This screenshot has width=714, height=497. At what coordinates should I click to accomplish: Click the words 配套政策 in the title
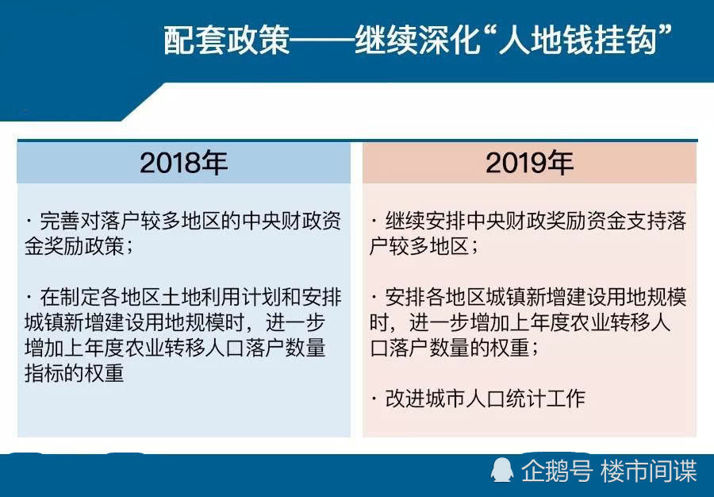[x=226, y=40]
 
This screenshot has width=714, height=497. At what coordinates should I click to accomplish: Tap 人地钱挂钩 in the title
[x=578, y=40]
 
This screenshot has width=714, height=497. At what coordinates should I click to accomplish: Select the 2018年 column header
[x=183, y=163]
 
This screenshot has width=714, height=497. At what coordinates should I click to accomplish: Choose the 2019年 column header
[x=530, y=163]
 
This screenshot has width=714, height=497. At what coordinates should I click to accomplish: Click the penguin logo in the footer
[x=502, y=470]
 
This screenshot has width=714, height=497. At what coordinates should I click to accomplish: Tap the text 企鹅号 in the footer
[x=556, y=471]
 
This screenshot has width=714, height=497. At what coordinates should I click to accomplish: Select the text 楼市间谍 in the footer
[x=649, y=471]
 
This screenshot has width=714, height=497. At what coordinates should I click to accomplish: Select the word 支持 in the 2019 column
[x=646, y=222]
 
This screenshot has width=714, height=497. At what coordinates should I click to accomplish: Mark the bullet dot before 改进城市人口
[x=374, y=399]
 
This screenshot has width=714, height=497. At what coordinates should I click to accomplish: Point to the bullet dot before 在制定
[x=29, y=298]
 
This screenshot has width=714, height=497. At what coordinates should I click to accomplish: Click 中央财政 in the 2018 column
[x=282, y=222]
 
